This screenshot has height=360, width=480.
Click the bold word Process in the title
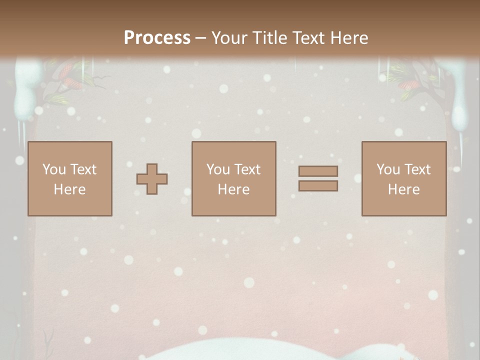click(157, 38)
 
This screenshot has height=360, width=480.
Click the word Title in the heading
click(270, 38)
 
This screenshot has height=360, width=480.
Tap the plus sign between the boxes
click(152, 179)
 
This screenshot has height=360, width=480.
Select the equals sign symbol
click(318, 178)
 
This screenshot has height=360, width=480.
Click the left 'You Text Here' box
click(70, 179)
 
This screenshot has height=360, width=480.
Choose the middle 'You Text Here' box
click(234, 179)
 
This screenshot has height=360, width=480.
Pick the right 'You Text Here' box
click(404, 179)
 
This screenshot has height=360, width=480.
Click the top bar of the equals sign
click(318, 171)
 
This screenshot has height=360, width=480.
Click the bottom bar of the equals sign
click(318, 186)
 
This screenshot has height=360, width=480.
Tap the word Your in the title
click(228, 38)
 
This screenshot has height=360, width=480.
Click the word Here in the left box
click(70, 189)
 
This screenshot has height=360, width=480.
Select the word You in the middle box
click(218, 169)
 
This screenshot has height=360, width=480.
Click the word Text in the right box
click(417, 169)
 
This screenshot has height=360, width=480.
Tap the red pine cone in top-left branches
click(67, 73)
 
